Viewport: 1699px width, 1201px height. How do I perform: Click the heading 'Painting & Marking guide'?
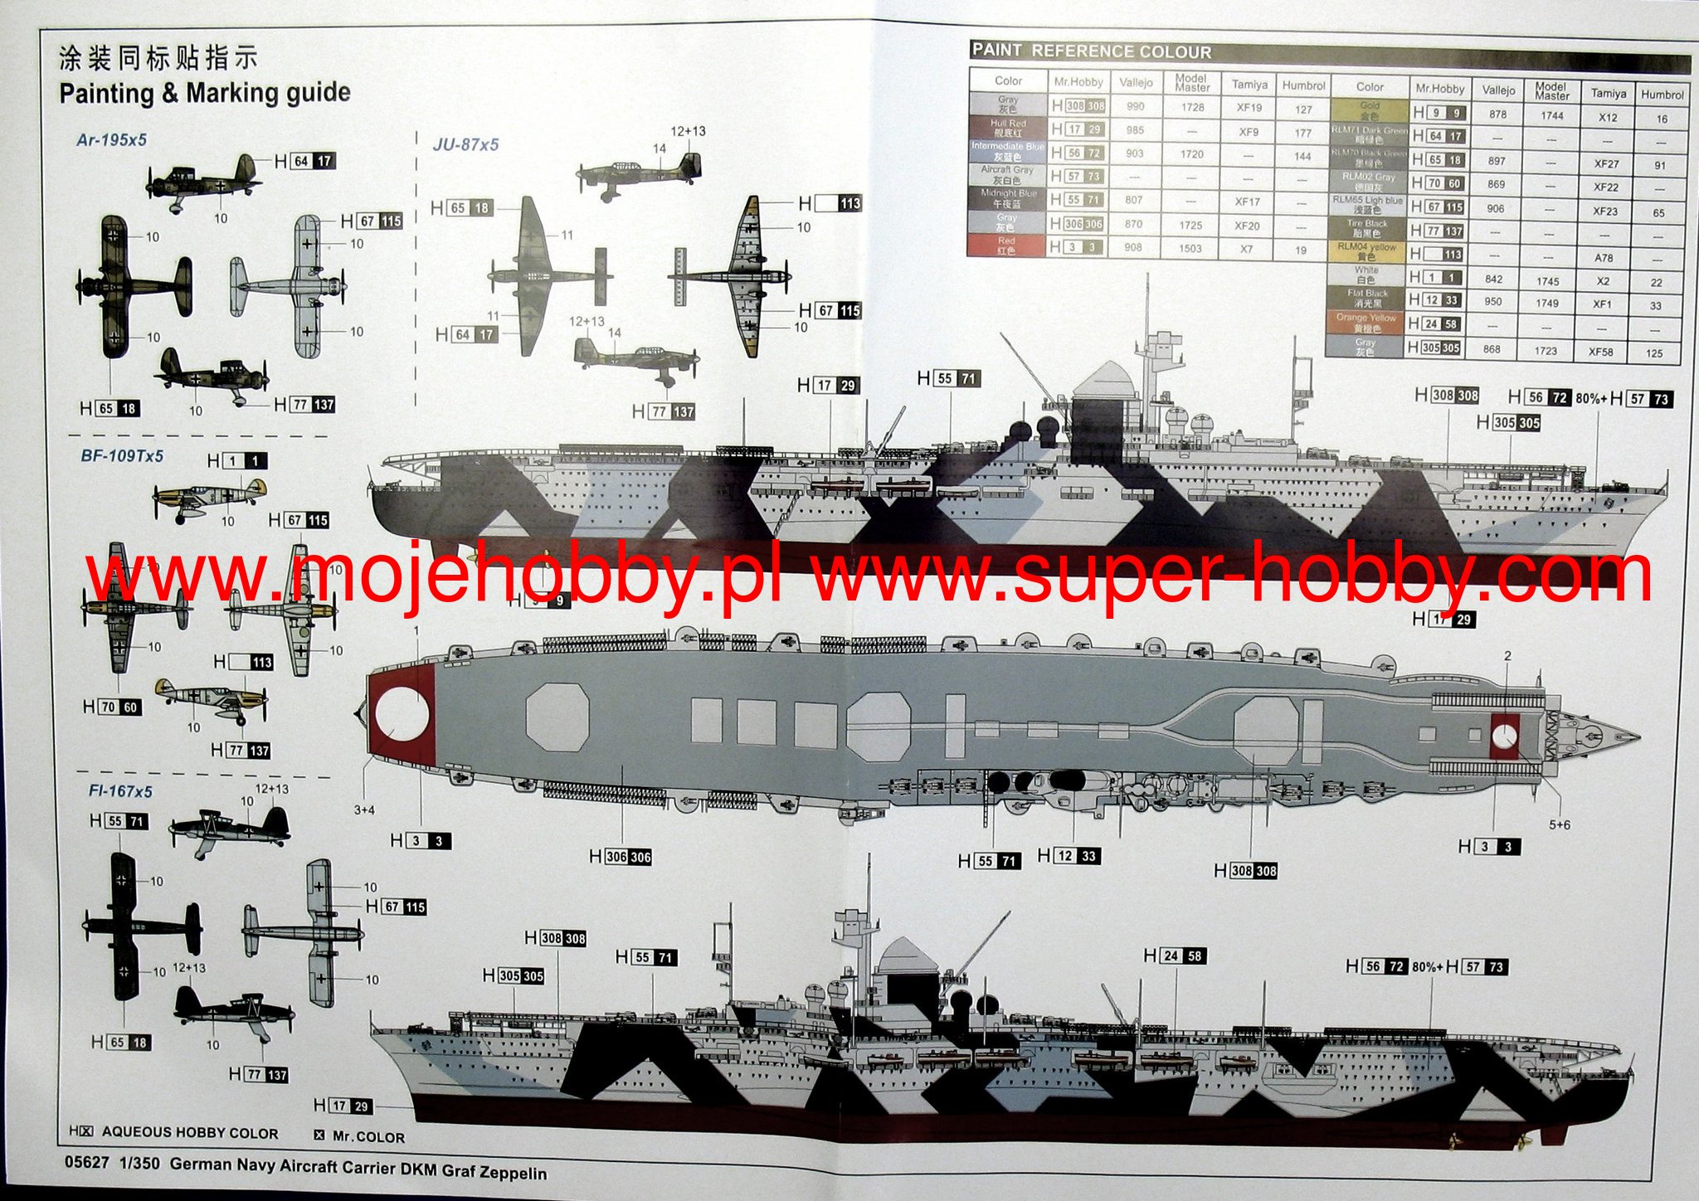pyautogui.click(x=205, y=93)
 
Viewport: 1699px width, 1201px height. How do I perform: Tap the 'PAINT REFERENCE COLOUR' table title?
pyautogui.click(x=1092, y=51)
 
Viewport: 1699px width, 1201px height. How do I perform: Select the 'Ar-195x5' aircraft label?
pyautogui.click(x=111, y=139)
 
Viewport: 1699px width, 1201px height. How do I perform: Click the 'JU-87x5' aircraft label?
pyautogui.click(x=466, y=144)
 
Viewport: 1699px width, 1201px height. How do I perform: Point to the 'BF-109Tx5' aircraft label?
pyautogui.click(x=122, y=456)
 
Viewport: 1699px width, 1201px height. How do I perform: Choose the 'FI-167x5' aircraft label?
pyautogui.click(x=120, y=792)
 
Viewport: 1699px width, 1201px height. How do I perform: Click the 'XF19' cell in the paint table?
pyautogui.click(x=1249, y=107)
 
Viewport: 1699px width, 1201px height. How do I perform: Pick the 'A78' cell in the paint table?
pyautogui.click(x=1604, y=258)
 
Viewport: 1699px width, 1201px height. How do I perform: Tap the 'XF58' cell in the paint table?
pyautogui.click(x=1600, y=352)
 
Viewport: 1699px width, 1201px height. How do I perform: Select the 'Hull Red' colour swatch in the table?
pyautogui.click(x=1007, y=129)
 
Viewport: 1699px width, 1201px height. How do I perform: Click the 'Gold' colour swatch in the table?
pyautogui.click(x=1369, y=111)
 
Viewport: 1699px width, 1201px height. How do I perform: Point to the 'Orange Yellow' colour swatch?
pyautogui.click(x=1366, y=323)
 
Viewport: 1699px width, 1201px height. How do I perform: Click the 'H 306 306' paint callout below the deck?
pyautogui.click(x=621, y=857)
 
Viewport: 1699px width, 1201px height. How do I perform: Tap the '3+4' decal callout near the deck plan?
pyautogui.click(x=365, y=810)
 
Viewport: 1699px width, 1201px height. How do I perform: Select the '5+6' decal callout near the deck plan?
pyautogui.click(x=1560, y=824)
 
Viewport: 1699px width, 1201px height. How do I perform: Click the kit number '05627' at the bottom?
pyautogui.click(x=86, y=1163)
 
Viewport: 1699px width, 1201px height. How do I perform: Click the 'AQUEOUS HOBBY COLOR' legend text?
pyautogui.click(x=190, y=1133)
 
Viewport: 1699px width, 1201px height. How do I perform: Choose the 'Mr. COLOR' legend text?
pyautogui.click(x=368, y=1137)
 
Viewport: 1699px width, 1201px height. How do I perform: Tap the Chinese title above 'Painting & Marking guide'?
pyautogui.click(x=158, y=59)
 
